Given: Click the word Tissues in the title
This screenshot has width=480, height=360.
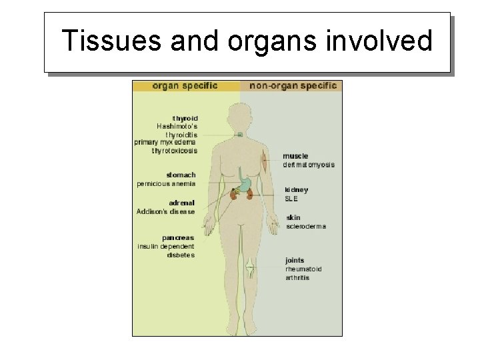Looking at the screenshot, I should [x=110, y=41].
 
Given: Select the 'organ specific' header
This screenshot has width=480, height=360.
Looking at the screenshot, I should [x=185, y=86].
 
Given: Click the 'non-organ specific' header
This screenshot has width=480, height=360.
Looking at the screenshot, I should [x=293, y=86].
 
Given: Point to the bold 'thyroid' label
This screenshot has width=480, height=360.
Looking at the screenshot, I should [x=185, y=118].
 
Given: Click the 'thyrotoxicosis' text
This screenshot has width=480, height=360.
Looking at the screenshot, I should [x=174, y=151].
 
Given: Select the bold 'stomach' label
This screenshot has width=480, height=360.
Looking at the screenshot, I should [x=181, y=175].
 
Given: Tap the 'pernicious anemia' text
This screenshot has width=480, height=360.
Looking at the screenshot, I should [x=166, y=184].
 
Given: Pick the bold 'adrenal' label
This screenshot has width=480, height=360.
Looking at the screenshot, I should [x=181, y=203].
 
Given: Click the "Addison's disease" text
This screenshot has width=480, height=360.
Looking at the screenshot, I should [x=166, y=212].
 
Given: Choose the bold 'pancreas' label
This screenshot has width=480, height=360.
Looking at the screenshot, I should [x=178, y=237].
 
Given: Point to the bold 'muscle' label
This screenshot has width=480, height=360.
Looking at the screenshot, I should [x=295, y=156].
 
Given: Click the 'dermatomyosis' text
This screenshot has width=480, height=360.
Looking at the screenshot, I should [x=309, y=165].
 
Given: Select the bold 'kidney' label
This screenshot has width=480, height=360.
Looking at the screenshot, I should [x=297, y=190].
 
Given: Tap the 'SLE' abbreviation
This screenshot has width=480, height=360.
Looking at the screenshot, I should [x=291, y=198].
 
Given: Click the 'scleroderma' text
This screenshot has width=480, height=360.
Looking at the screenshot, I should [x=306, y=226].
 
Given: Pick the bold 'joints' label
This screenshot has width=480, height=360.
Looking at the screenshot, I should [x=295, y=260].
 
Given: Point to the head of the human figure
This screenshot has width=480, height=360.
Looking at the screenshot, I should [x=240, y=111].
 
